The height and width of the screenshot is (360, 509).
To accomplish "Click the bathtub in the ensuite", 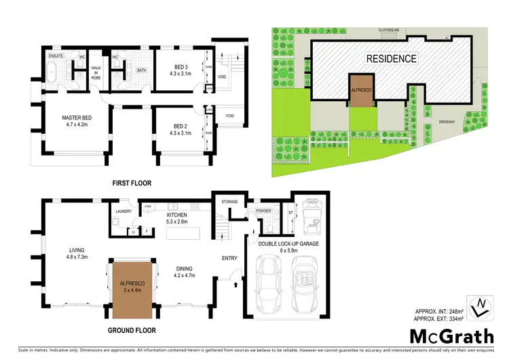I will point(54,70).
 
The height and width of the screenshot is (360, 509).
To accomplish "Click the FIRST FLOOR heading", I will point(131,183).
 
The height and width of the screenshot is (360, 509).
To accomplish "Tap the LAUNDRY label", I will point(123,211).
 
